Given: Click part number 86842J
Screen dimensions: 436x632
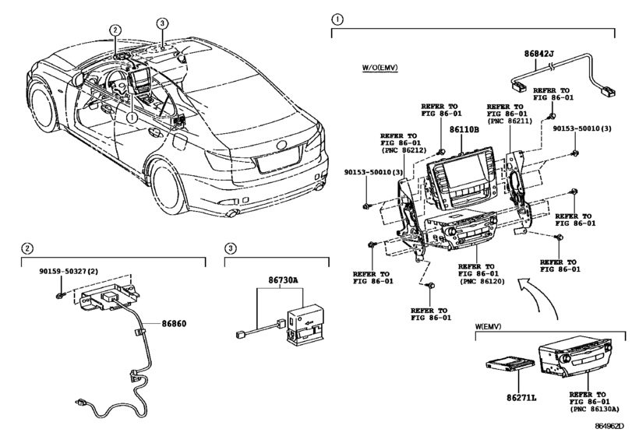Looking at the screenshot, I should tap(538, 55).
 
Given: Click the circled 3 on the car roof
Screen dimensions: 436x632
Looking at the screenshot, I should tap(161, 24).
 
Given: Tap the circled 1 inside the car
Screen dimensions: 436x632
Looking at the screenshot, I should tap(132, 118).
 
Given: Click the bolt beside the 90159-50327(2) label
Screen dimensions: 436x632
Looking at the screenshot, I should tap(60, 296).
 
